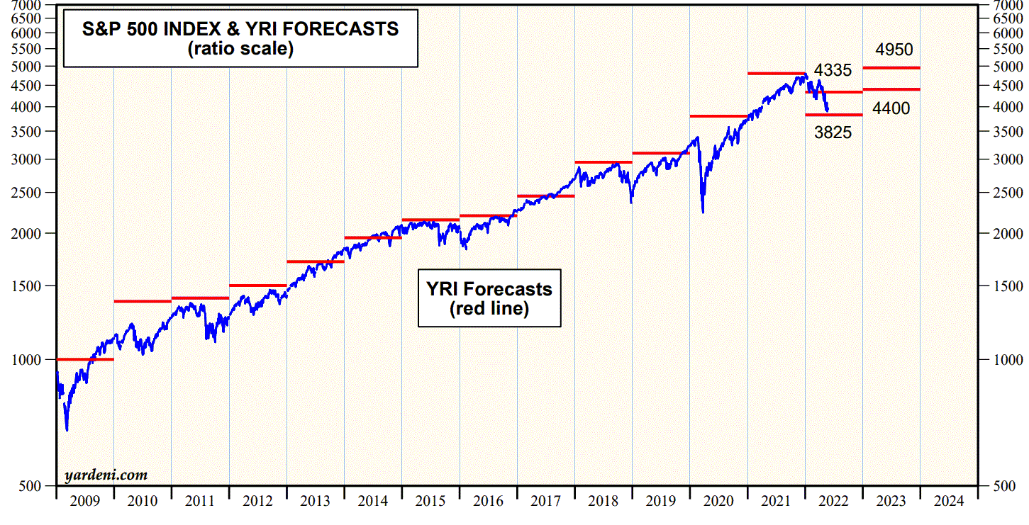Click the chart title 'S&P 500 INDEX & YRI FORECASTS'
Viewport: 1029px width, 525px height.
pyautogui.click(x=240, y=29)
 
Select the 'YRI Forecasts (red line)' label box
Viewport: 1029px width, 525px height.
pyautogui.click(x=489, y=298)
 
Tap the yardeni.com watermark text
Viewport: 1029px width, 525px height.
pyautogui.click(x=106, y=475)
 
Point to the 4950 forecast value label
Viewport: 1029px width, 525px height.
pyautogui.click(x=894, y=50)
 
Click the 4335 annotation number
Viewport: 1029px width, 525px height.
pyautogui.click(x=833, y=71)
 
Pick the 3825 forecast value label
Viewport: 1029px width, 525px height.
pyautogui.click(x=833, y=132)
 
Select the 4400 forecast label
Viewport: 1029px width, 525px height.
pyautogui.click(x=891, y=108)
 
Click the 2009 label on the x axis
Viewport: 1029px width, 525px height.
pyautogui.click(x=85, y=502)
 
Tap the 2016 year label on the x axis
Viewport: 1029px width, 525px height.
pyautogui.click(x=488, y=502)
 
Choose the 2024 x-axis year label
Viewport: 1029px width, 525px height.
pyautogui.click(x=949, y=502)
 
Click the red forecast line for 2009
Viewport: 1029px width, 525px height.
pyautogui.click(x=85, y=359)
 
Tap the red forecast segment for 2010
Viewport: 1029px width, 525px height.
pyautogui.click(x=143, y=301)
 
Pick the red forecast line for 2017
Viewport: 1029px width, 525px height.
pyautogui.click(x=545, y=196)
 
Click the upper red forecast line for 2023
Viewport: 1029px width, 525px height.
pyautogui.click(x=891, y=68)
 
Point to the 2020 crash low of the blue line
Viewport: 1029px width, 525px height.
pyautogui.click(x=703, y=212)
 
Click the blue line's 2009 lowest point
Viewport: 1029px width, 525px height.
pyautogui.click(x=67, y=429)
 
